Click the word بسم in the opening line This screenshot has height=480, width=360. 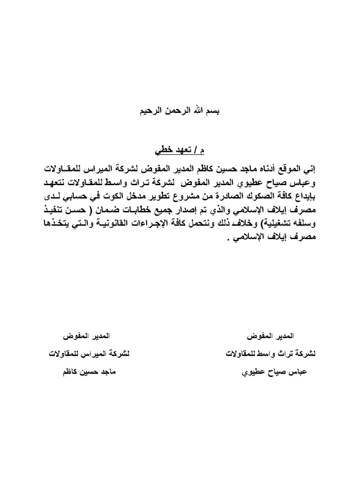pyautogui.click(x=214, y=112)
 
